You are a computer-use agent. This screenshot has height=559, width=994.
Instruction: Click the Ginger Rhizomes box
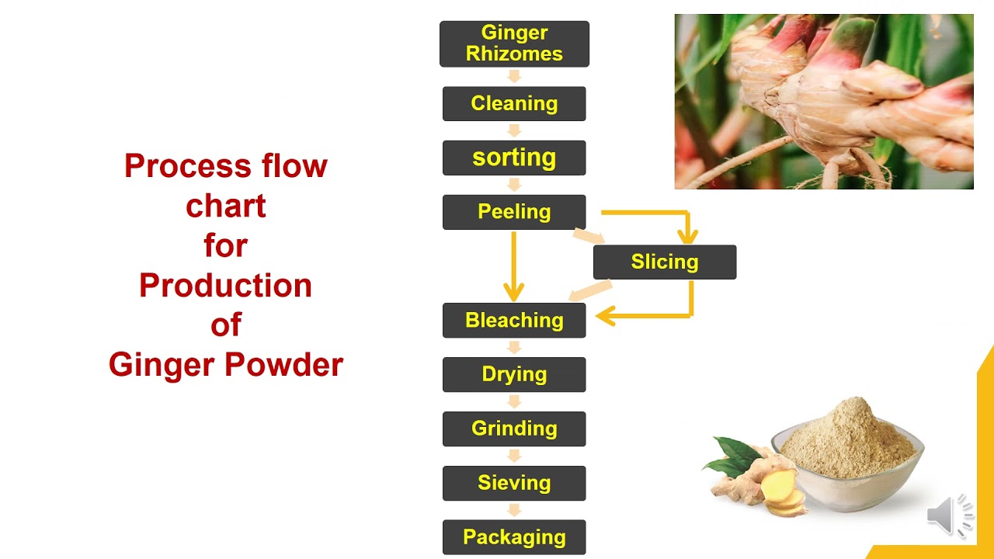click(x=514, y=43)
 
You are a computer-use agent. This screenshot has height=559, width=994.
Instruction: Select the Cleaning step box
click(x=514, y=103)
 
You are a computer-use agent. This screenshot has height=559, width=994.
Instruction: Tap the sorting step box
click(x=514, y=158)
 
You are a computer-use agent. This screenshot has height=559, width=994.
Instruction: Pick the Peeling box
click(x=514, y=212)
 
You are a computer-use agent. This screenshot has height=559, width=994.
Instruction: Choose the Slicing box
click(x=664, y=262)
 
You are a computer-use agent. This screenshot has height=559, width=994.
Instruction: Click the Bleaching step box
click(x=514, y=320)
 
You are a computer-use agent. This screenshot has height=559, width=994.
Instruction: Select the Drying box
click(x=514, y=374)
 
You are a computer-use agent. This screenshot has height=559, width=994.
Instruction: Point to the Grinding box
click(x=514, y=429)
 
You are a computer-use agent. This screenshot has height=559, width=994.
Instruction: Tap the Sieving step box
click(x=514, y=483)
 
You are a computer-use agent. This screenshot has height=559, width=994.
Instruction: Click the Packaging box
click(x=514, y=536)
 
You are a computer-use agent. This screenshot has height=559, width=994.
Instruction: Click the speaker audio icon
click(x=950, y=514)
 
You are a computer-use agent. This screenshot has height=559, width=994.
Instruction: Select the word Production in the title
click(x=225, y=285)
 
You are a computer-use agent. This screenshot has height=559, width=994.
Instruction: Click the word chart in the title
click(x=225, y=206)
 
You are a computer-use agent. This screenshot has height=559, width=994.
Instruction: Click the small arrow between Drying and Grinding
click(x=514, y=401)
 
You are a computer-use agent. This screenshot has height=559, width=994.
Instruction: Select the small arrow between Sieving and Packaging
click(x=514, y=510)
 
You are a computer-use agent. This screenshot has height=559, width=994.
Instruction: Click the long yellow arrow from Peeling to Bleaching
click(x=513, y=264)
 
